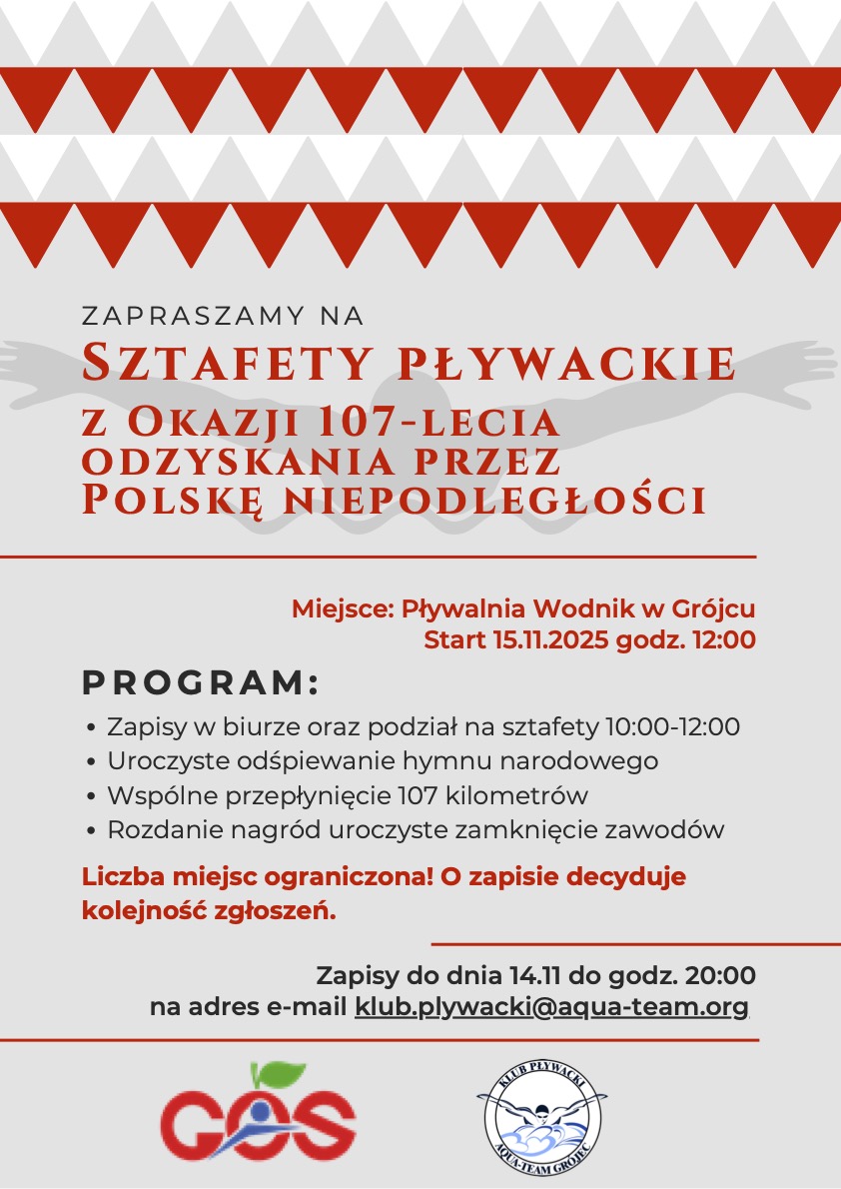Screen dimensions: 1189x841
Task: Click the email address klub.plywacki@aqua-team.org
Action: point(551,1007)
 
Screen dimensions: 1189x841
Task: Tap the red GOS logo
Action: point(259,1119)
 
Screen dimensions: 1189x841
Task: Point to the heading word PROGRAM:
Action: point(200,684)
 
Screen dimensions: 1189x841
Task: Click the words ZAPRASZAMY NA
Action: point(223,317)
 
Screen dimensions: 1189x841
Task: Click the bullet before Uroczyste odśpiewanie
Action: point(93,762)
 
